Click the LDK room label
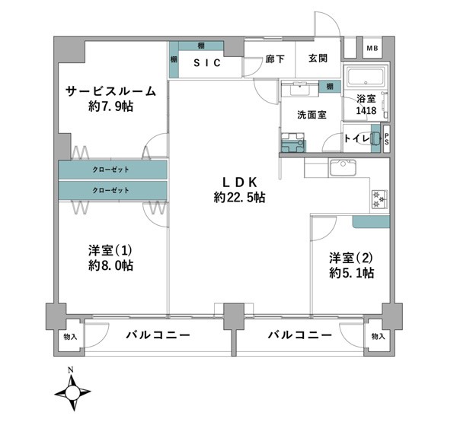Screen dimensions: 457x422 point(240,182)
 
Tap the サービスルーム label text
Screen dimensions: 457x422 point(110,91)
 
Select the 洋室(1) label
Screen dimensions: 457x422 point(110,250)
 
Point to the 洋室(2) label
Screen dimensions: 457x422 point(351,258)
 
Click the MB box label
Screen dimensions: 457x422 point(372,49)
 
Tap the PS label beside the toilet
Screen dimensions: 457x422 point(386,139)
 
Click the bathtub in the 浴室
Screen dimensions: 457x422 point(365,78)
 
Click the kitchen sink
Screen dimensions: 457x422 point(343,167)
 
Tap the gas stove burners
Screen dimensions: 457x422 point(379,198)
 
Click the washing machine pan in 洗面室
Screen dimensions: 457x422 point(292,143)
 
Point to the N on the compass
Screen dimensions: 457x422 point(70,370)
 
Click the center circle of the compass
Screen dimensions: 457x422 point(72,393)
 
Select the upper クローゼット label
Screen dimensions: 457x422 point(110,170)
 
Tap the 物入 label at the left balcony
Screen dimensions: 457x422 point(70,337)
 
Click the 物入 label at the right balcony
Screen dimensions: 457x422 point(379,337)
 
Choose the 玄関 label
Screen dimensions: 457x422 point(318,59)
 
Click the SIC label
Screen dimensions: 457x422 point(207,62)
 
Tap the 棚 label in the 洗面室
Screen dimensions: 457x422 point(330,87)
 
